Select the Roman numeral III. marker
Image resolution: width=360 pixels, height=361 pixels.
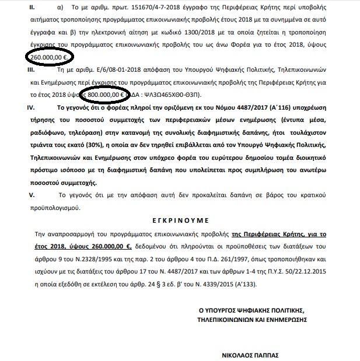[x=24, y=70]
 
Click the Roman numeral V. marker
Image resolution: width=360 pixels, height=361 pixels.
[x=23, y=194]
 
